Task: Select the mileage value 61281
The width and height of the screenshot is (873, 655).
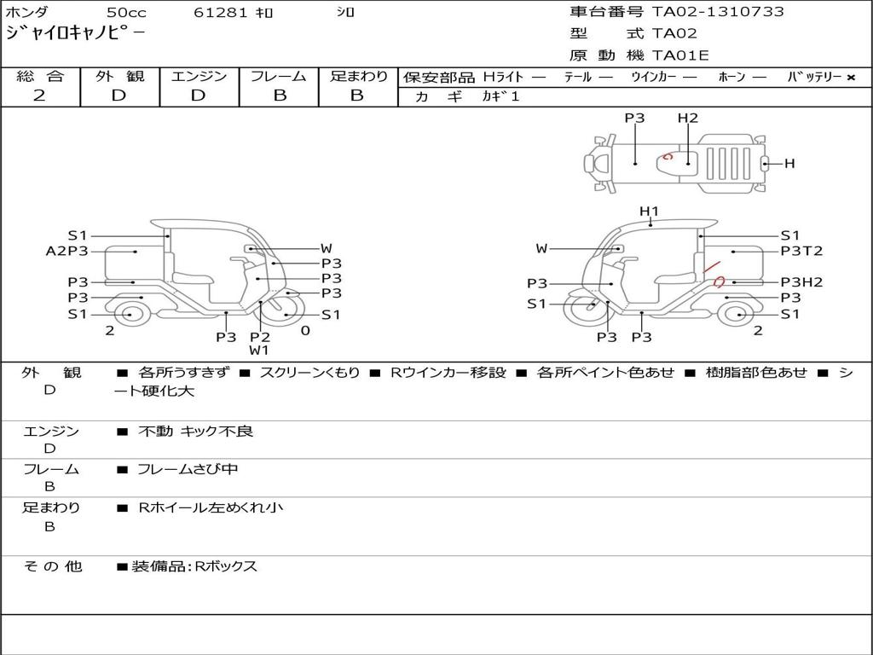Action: tap(221, 13)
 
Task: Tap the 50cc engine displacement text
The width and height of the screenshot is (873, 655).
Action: tap(126, 13)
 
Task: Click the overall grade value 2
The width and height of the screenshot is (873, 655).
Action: tap(39, 96)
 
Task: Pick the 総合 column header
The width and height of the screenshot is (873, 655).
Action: tap(40, 77)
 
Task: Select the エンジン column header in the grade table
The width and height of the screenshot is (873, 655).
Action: tap(199, 77)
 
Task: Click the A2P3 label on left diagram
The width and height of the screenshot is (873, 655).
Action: tap(67, 251)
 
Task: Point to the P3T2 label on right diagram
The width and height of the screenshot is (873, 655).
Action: tap(801, 251)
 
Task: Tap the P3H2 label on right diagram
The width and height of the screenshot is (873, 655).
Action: tap(801, 282)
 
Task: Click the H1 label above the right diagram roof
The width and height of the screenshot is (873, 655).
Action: tap(650, 212)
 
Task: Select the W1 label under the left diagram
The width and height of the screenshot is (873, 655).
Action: tap(259, 350)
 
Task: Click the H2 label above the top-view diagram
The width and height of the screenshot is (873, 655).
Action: tap(688, 119)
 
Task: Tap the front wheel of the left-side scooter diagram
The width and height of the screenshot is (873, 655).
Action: tap(283, 313)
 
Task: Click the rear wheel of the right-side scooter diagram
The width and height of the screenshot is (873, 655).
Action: tap(736, 314)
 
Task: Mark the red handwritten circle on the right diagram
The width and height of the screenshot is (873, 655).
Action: tap(719, 281)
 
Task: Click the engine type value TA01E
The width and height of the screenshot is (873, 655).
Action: tap(680, 56)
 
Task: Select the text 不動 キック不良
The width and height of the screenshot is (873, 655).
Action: tap(195, 432)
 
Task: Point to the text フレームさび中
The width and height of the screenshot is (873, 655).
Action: tap(188, 469)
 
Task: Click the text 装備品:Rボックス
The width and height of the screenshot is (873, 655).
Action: tap(194, 566)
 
